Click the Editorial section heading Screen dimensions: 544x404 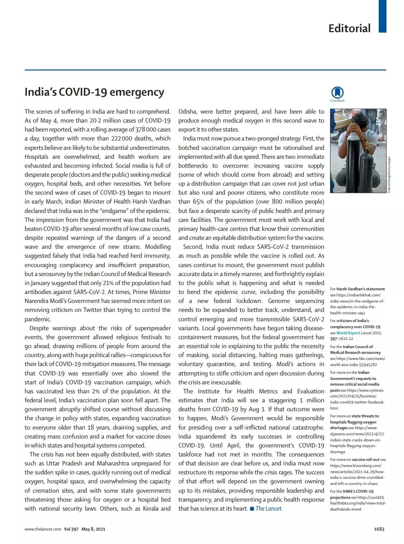pyautogui.click(x=349, y=28)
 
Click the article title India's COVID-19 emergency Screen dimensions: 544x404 pyautogui.click(x=94, y=92)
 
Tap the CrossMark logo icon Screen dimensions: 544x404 pyautogui.click(x=337, y=93)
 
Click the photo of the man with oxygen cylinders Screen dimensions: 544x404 pyautogui.click(x=358, y=151)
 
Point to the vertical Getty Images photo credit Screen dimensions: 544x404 pyautogui.click(x=389, y=175)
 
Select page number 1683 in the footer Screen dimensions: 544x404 pyautogui.click(x=379, y=529)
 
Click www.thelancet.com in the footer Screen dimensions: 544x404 pyautogui.click(x=43, y=529)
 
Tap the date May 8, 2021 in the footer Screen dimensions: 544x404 pyautogui.click(x=93, y=529)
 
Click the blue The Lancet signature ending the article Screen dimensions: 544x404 pyautogui.click(x=268, y=509)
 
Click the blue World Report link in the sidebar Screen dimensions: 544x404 pyautogui.click(x=348, y=333)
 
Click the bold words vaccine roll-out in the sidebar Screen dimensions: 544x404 pyautogui.click(x=365, y=460)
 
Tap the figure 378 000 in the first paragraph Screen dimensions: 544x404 pyautogui.click(x=146, y=129)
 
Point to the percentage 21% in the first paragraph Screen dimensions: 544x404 pyautogui.click(x=108, y=283)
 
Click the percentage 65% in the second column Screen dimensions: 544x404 pyautogui.click(x=199, y=202)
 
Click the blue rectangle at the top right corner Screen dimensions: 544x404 pyautogui.click(x=382, y=16)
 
